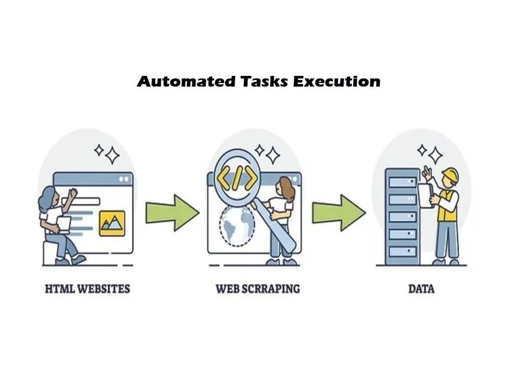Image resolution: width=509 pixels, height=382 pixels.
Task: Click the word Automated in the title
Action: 186,81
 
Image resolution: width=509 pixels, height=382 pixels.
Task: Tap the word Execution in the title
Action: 336,81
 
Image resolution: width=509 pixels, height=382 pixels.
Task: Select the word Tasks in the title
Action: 264,81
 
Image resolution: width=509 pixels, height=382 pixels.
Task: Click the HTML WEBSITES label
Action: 88,289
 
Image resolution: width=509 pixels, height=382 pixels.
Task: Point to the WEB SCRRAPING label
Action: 258,289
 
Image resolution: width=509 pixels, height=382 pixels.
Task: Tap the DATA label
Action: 421,289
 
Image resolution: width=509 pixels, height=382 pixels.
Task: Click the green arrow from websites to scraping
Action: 173,213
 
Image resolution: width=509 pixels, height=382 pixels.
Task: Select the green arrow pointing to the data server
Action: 339,213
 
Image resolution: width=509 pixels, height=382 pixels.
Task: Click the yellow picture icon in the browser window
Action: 112,223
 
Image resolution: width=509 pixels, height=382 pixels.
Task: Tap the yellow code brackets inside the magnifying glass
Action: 237,178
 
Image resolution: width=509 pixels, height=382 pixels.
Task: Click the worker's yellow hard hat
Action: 450,175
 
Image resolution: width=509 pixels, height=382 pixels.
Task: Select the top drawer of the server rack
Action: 403,182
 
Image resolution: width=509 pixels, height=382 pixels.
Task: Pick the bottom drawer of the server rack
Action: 403,251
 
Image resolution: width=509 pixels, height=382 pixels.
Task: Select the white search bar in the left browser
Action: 81,201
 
